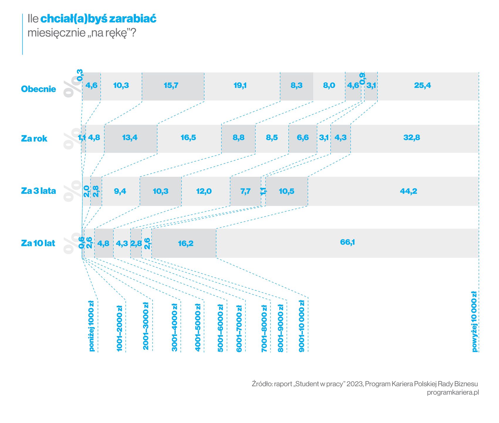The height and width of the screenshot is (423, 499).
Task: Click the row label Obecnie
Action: click(x=38, y=89)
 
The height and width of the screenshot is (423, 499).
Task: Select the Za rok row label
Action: click(x=34, y=138)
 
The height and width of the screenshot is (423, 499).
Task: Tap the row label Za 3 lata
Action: click(x=38, y=191)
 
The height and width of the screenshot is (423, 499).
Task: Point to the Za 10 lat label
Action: click(x=38, y=243)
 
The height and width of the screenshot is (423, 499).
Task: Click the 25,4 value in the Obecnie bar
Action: click(x=422, y=85)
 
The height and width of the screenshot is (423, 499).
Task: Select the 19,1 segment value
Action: click(x=240, y=85)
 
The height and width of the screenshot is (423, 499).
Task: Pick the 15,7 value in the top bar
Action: click(x=171, y=85)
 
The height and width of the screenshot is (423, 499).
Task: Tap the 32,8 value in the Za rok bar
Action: click(x=412, y=137)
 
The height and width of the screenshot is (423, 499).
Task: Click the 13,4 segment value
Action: click(x=130, y=137)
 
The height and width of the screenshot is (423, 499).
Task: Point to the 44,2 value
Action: click(x=408, y=191)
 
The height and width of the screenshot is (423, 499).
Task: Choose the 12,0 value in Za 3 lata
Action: click(x=204, y=191)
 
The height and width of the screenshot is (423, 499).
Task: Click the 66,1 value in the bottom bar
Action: click(x=348, y=242)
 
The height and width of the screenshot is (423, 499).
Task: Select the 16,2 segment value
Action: click(x=186, y=244)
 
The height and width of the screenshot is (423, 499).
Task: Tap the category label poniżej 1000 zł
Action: click(x=91, y=326)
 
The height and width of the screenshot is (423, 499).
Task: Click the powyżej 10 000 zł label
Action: click(x=474, y=321)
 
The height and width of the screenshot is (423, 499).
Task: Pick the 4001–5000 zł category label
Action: click(x=198, y=328)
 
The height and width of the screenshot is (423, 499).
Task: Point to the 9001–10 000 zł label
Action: click(x=302, y=326)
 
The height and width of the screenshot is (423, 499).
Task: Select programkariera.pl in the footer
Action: click(x=453, y=392)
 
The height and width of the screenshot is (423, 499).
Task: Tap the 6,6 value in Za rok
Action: click(x=303, y=137)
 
